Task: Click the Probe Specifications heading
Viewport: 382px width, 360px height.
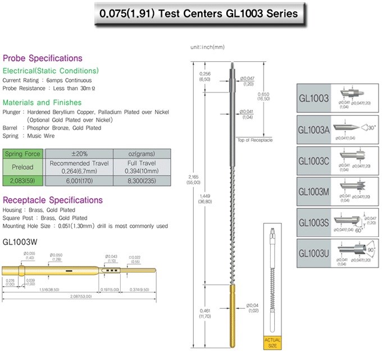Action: [43, 58]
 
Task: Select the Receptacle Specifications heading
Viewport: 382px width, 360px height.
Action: [53, 200]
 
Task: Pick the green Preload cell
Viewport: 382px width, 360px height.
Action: [24, 167]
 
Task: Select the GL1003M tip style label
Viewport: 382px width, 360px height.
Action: [315, 191]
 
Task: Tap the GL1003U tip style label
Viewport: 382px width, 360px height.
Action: [315, 253]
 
